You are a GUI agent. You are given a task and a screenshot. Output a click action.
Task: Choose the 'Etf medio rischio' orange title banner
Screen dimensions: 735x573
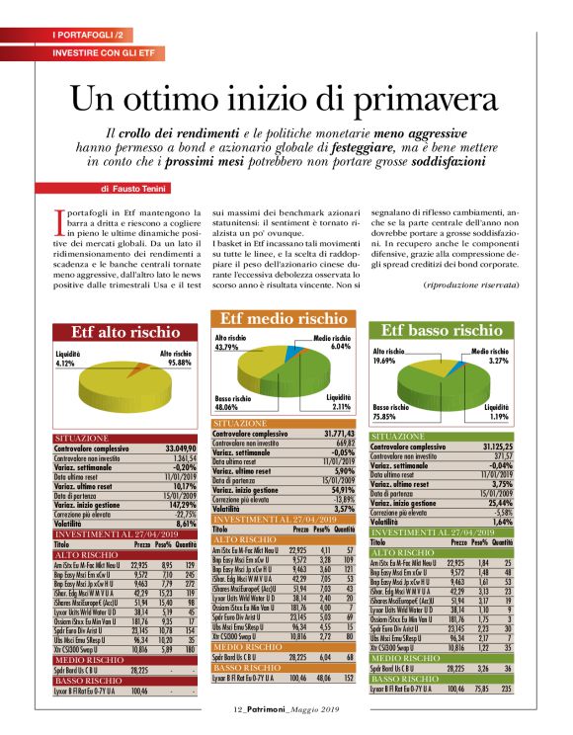(283, 319)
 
